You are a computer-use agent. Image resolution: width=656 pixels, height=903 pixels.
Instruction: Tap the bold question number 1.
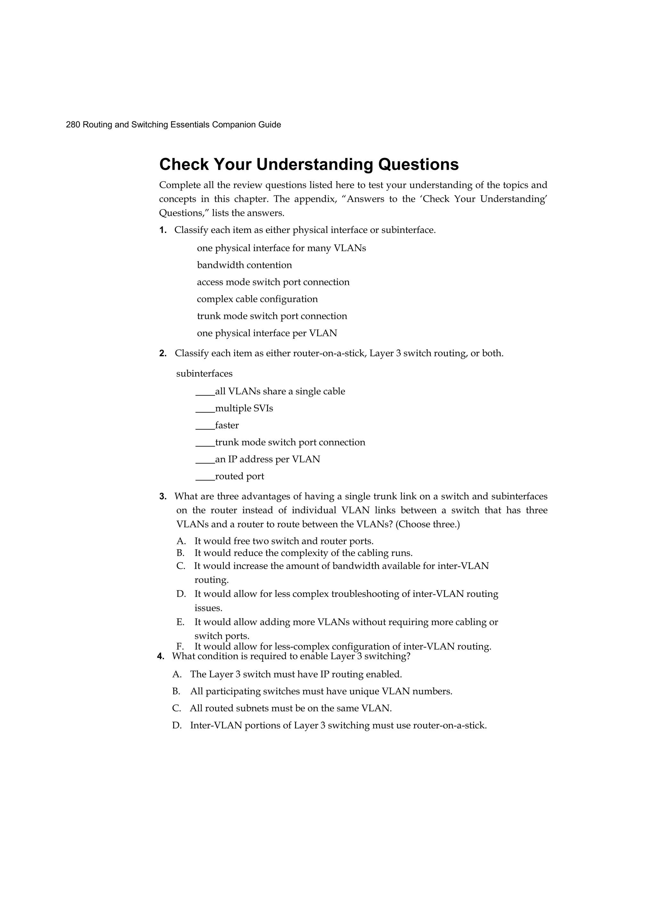[x=162, y=230]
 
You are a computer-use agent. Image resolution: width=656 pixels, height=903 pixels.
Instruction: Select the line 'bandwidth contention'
[x=244, y=265]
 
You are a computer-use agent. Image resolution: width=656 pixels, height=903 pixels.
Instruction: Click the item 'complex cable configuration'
[x=257, y=299]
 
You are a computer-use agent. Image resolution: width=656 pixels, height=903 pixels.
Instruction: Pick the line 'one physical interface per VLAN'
[x=267, y=333]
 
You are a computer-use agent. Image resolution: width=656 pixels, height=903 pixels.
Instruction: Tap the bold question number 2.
[x=162, y=353]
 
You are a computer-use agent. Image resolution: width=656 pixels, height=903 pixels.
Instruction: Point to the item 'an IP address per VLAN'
[x=267, y=460]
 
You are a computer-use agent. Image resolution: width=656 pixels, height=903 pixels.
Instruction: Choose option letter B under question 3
[x=180, y=553]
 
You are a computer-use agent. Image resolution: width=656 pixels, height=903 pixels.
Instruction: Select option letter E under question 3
[x=180, y=622]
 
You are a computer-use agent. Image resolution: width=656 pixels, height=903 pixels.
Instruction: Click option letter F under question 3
[x=180, y=647]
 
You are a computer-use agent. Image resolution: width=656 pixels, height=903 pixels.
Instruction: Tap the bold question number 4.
[x=160, y=657]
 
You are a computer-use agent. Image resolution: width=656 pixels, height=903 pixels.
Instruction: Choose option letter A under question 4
[x=177, y=675]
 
